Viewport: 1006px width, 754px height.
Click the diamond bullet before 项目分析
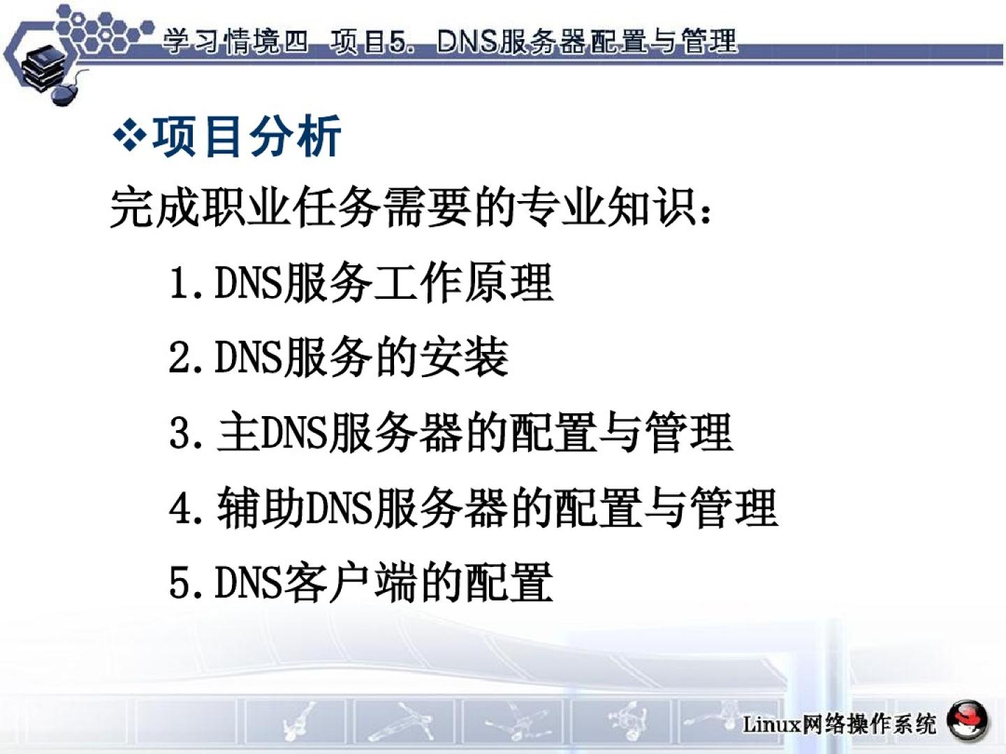pos(130,135)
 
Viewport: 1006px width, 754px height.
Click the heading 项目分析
pos(246,136)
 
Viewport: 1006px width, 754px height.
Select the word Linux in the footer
pos(771,725)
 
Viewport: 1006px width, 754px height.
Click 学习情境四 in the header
pos(235,42)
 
